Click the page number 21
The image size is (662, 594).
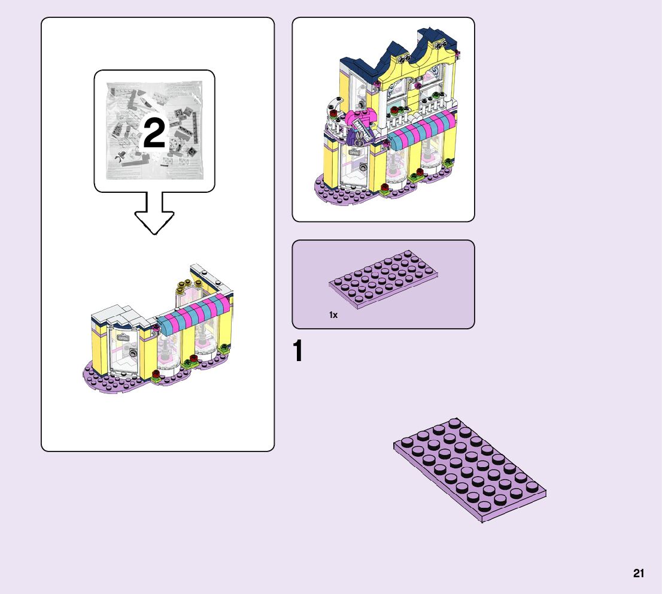point(639,574)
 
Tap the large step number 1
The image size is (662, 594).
point(298,352)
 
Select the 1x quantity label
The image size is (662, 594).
point(333,314)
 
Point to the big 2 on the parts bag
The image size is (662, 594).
point(154,134)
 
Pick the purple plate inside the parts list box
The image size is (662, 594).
point(383,280)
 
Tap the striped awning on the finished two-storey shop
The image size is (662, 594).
point(422,129)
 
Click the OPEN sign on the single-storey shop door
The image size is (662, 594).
point(123,338)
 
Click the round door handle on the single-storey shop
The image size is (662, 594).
point(135,354)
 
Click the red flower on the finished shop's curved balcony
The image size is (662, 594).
point(334,111)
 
